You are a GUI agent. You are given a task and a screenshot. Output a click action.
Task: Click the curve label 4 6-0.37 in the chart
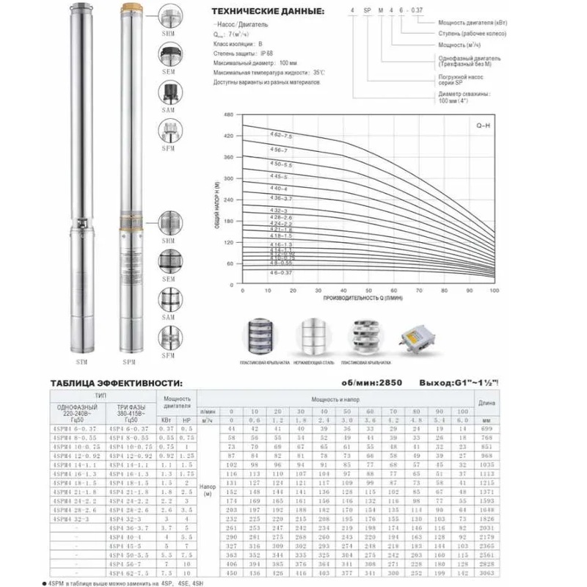click(x=258, y=273)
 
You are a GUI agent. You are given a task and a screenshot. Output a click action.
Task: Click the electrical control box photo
click(x=418, y=337)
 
